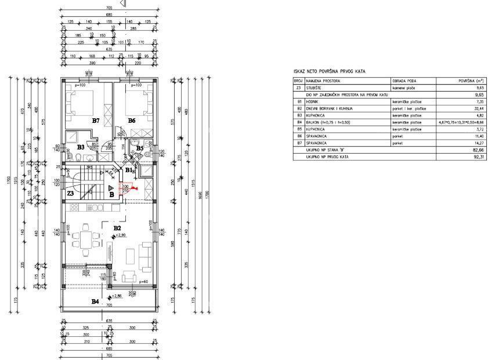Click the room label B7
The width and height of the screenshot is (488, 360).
(96, 120)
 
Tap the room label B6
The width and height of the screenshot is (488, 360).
(131, 120)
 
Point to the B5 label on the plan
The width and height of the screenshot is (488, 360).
(140, 148)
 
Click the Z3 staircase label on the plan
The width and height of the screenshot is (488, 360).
(70, 192)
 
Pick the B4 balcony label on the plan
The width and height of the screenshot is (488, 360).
(95, 301)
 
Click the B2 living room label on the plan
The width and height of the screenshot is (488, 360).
(117, 228)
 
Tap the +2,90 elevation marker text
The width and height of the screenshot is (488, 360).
(121, 235)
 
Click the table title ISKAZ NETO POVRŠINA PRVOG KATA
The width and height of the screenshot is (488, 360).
(329, 71)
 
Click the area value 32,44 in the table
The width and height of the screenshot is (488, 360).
(479, 108)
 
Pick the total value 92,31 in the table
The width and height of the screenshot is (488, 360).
(479, 157)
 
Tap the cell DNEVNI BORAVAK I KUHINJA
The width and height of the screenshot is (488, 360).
(330, 108)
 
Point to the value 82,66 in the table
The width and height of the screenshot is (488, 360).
(479, 150)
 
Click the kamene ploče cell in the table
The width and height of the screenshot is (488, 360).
(404, 87)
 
